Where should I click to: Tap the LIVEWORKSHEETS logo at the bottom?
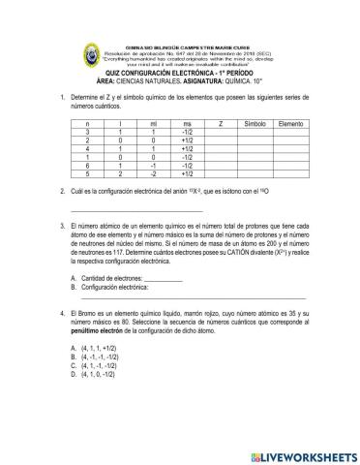tap(302, 454)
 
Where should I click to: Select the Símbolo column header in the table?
tap(255, 124)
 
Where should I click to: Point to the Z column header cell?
tap(221, 124)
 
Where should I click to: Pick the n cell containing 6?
tap(88, 165)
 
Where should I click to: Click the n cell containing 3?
tap(88, 133)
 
